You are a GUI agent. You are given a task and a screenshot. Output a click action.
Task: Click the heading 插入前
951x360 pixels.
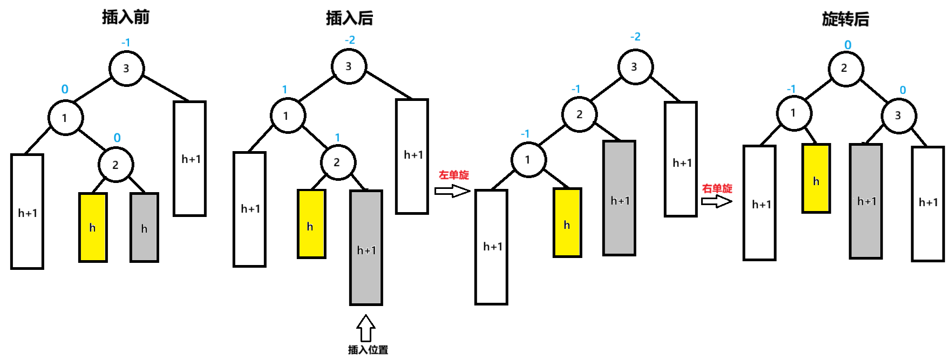(126, 17)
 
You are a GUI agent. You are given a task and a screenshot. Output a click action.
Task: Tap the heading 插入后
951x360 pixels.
(349, 18)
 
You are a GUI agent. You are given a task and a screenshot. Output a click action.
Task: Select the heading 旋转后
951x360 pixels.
(845, 19)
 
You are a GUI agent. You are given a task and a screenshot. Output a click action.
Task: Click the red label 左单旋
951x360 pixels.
(453, 175)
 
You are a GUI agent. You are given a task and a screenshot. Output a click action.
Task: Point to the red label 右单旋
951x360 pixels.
(717, 188)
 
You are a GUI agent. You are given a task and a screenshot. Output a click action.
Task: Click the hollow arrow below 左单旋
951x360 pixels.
(452, 191)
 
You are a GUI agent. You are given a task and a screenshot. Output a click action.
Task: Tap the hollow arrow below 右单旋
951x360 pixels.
(716, 201)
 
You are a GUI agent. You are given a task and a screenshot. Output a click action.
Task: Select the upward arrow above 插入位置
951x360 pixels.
(366, 328)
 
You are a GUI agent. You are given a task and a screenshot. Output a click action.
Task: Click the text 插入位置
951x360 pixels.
(368, 350)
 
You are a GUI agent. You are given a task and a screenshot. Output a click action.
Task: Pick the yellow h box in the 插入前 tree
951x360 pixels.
(93, 227)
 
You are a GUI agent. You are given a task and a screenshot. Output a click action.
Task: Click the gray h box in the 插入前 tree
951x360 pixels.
(144, 227)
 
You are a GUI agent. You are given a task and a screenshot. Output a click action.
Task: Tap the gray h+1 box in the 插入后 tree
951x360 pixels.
(366, 248)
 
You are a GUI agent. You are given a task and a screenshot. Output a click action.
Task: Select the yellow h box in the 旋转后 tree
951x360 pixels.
(816, 179)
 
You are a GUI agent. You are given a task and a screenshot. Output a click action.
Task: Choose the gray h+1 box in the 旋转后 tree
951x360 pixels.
(866, 201)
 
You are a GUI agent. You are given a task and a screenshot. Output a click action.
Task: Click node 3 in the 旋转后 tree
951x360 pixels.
(898, 116)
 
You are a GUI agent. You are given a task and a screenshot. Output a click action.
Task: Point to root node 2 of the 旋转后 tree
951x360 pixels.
(845, 69)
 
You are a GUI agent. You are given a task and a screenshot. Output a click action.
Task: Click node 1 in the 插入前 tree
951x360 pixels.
(65, 118)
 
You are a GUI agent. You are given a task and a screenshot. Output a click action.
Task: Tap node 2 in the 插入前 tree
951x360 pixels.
(116, 165)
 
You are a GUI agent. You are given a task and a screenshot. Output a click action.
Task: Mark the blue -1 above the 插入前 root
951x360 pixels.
(126, 42)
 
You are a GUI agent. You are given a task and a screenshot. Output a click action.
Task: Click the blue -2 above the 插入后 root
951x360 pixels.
(350, 40)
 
